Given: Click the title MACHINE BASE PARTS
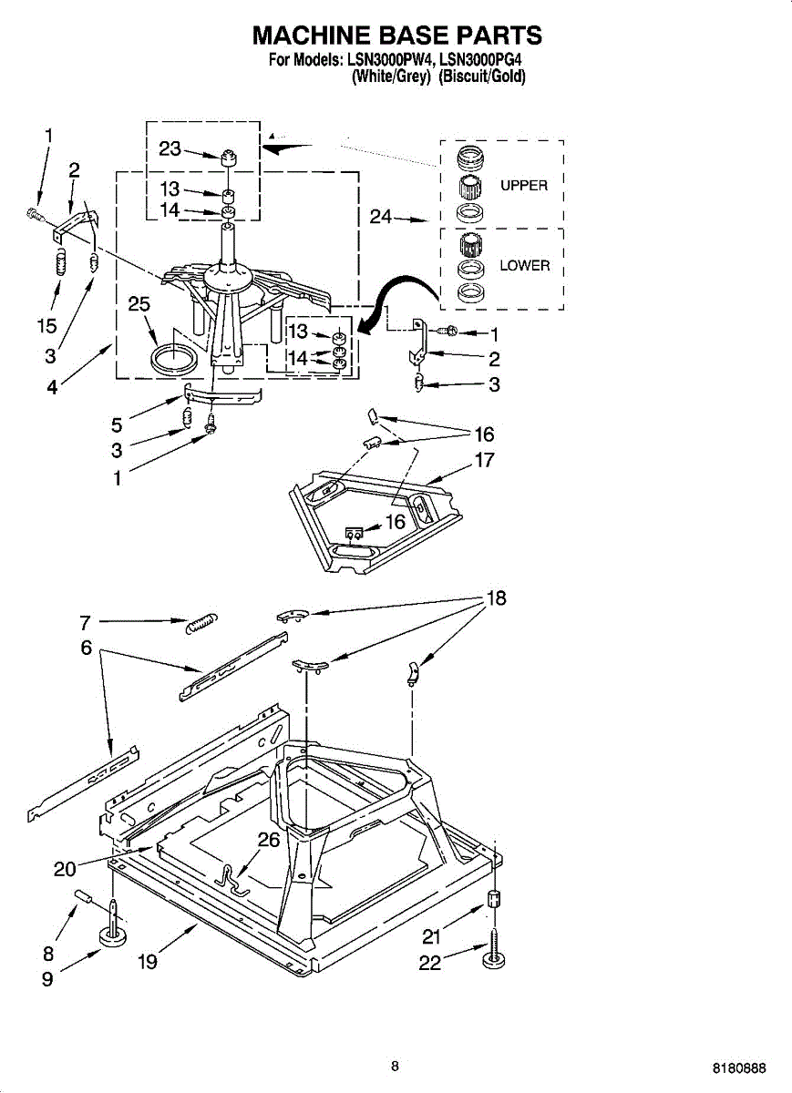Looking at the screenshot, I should pos(396,36).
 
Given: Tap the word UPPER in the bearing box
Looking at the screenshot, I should pos(524,186).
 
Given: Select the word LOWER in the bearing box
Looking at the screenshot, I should pos(525,266).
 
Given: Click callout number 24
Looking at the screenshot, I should pos(381,217).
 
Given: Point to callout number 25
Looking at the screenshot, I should pos(139,305).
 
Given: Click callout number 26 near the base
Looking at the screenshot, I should pos(269,841).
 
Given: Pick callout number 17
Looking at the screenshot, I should pos(485,460).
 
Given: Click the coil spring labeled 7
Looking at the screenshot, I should pos(200,624).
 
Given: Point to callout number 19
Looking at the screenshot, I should pos(148,961).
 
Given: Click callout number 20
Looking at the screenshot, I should pos(65,869).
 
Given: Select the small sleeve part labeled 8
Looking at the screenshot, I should pos(84,898).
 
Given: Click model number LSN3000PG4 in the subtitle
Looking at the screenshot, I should pos(486,62).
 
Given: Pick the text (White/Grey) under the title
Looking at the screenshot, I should pos(390,77).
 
